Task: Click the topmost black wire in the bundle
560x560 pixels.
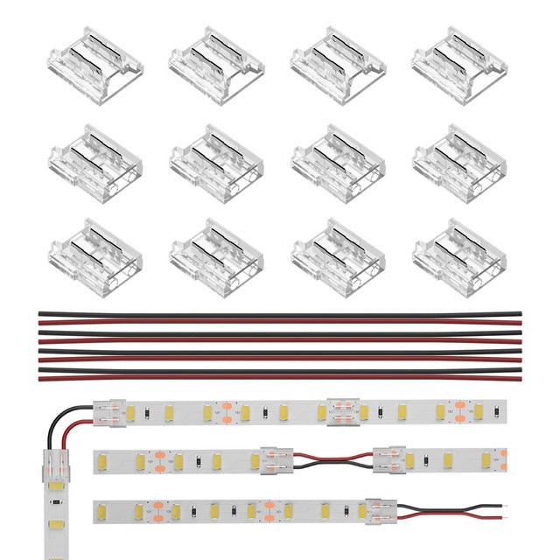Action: click(x=280, y=314)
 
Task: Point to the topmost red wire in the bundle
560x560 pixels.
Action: click(x=280, y=322)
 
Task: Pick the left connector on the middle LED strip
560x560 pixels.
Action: click(x=276, y=458)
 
